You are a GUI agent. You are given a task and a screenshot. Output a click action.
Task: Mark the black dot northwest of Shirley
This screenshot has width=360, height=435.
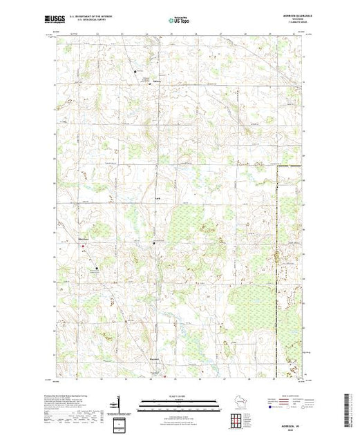[x=135, y=70]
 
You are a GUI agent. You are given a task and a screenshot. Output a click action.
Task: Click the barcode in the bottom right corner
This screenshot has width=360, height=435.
[x=346, y=409]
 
